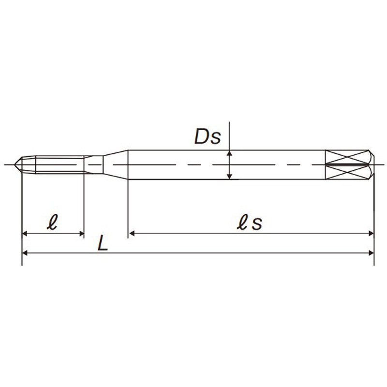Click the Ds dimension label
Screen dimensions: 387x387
pos(208,136)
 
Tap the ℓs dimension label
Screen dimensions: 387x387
pos(249,222)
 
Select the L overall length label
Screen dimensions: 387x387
pos(103,243)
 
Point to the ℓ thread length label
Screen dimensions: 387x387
pos(52,222)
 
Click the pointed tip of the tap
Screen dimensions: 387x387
pos(15,164)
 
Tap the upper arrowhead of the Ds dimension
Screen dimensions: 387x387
pos(229,153)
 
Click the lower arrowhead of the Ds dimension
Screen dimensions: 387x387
pos(229,176)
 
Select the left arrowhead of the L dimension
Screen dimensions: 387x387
pos(25,253)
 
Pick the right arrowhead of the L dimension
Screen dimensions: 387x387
pos(371,253)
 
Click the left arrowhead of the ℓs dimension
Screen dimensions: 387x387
pos(132,233)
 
